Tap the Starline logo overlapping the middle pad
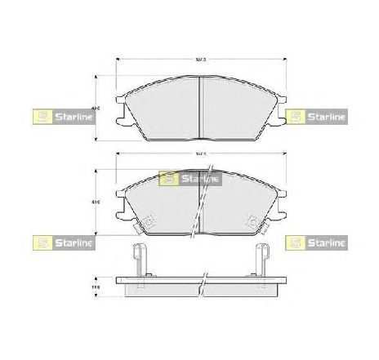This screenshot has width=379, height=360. [x=190, y=176]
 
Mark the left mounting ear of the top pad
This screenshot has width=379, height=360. [x=121, y=111]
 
